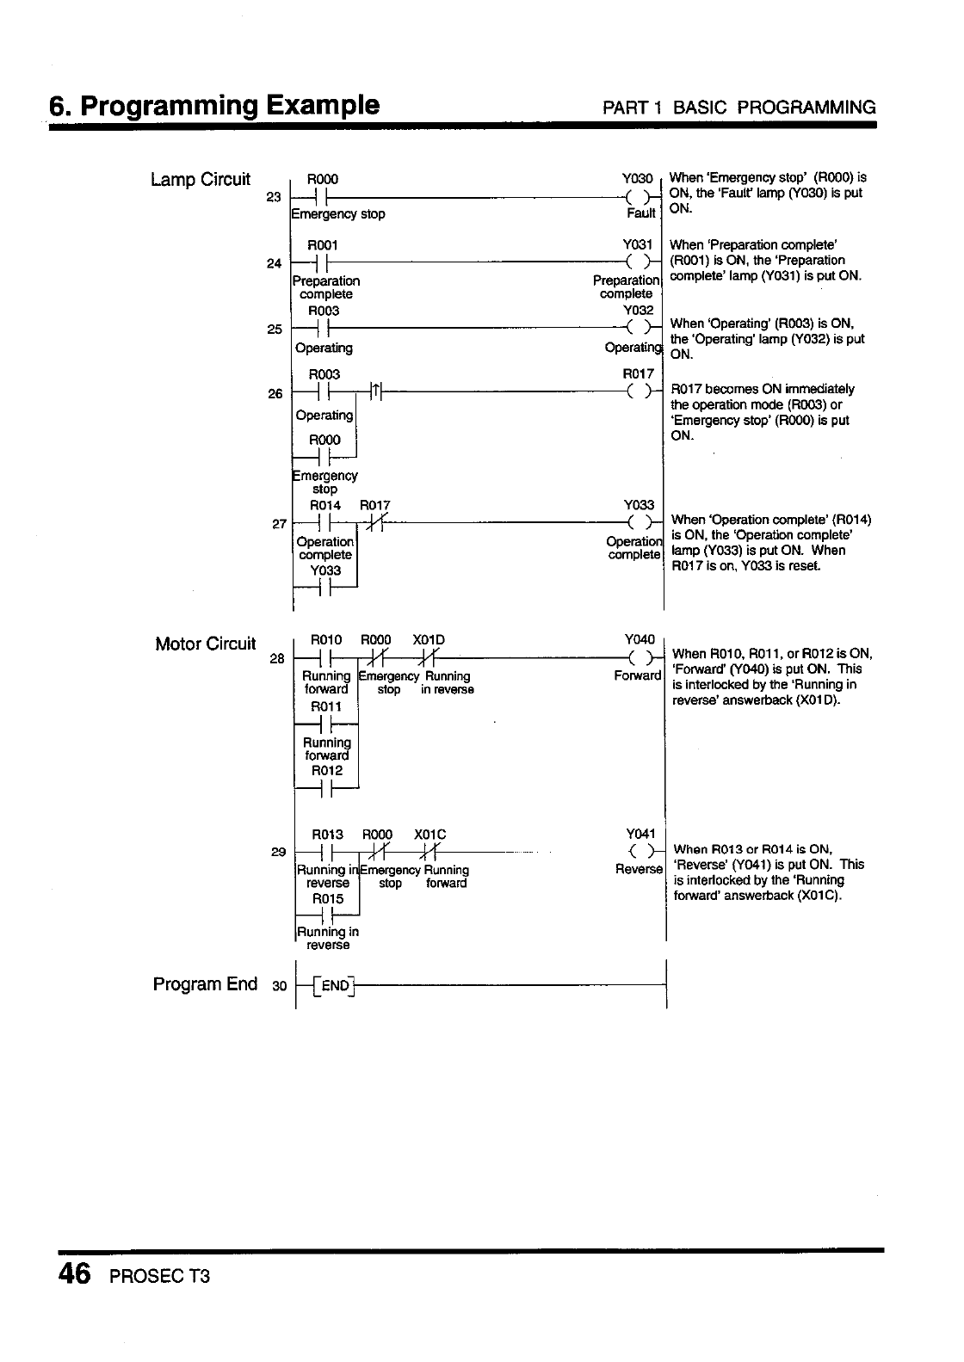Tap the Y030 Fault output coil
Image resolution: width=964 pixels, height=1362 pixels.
tap(639, 196)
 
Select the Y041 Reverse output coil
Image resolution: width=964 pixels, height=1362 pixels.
tap(640, 854)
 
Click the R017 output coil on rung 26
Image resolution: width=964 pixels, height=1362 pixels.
tap(639, 393)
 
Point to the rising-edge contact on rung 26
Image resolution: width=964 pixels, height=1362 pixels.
tap(376, 393)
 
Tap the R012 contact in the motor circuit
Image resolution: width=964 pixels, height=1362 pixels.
tap(325, 788)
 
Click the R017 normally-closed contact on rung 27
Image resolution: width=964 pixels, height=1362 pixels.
tap(375, 523)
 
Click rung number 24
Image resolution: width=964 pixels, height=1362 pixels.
tap(275, 263)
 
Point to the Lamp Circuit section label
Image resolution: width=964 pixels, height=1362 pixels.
tap(201, 180)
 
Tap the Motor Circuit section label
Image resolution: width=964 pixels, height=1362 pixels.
tap(205, 644)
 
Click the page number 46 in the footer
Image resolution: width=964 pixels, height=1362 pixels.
tap(74, 1273)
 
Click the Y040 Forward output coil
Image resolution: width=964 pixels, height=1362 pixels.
tap(639, 659)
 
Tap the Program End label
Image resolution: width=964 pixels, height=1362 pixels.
tap(205, 983)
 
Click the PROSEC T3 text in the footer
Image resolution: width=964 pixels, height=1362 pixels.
tap(160, 1276)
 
